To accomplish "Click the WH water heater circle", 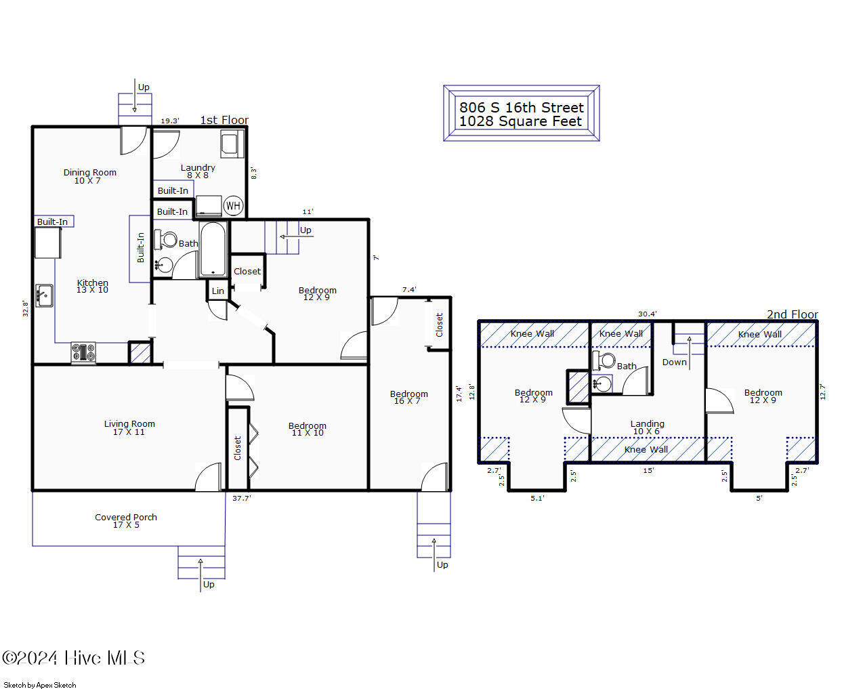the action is point(233,206).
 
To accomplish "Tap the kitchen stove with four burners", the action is point(83,353).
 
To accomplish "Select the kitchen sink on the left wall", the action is point(45,295).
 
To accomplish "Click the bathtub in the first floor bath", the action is point(213,249).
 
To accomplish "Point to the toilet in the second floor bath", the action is point(604,360).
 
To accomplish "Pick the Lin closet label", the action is point(217,291).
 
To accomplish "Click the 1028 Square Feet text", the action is point(520,121).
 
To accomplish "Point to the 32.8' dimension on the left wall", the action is point(26,308).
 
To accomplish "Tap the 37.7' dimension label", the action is point(241,498).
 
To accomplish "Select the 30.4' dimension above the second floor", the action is point(648,314).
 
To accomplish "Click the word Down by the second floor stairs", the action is point(674,362).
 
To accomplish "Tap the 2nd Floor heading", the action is point(793,314).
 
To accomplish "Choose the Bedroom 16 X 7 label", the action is point(408,397).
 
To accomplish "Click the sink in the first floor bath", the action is point(165,265).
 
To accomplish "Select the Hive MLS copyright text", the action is point(73,658).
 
